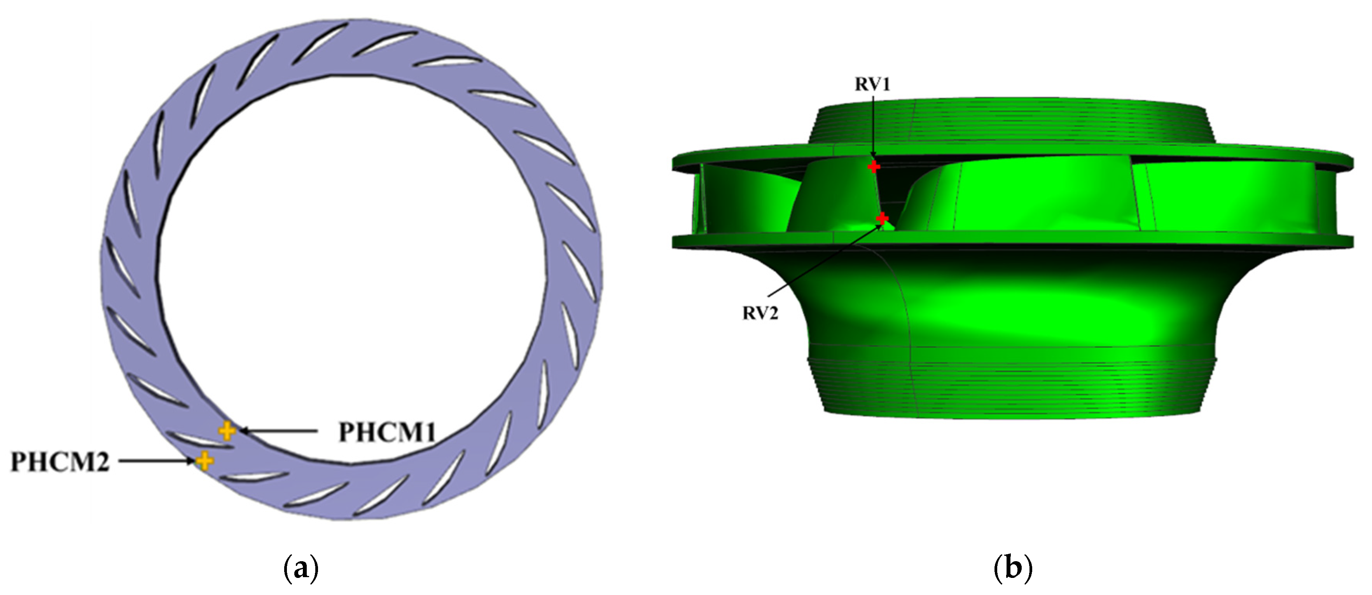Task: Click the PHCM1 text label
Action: pos(387,433)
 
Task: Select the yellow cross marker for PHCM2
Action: pos(204,461)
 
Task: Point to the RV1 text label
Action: pos(872,85)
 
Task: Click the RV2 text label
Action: pos(760,313)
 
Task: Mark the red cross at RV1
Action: pos(874,167)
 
